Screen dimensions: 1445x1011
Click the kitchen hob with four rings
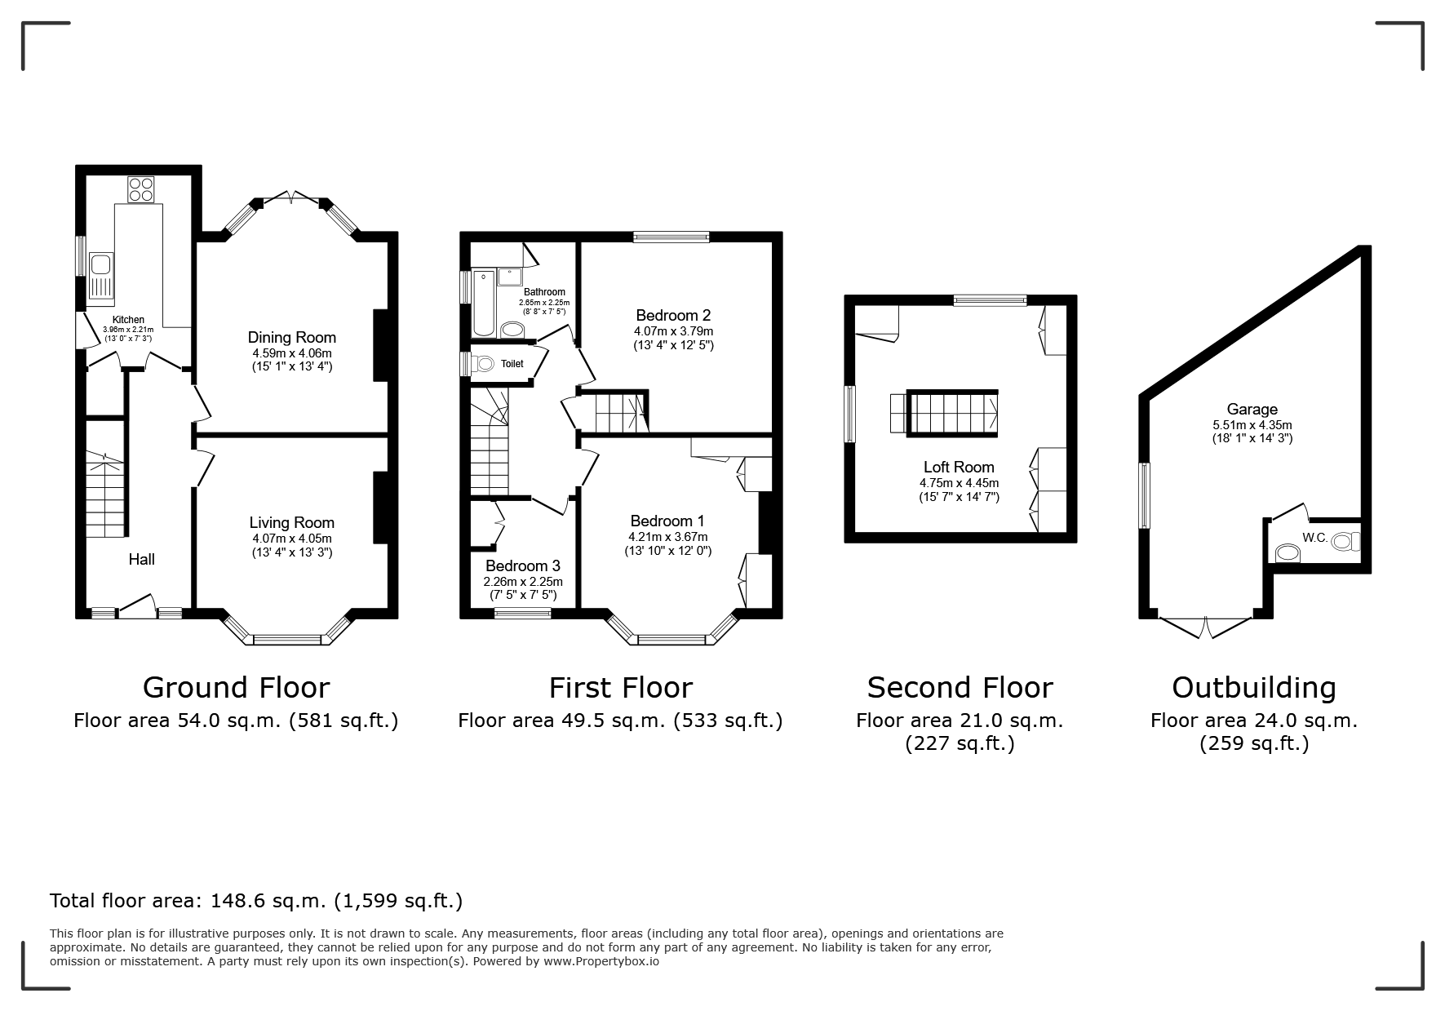140,189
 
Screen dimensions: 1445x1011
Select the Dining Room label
292,337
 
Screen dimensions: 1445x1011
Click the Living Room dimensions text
292,546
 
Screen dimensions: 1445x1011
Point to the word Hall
142,559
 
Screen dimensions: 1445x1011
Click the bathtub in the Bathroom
484,302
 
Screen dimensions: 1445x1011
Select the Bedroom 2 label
673,315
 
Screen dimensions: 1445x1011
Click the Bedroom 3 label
523,565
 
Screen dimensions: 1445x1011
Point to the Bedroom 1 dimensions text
668,543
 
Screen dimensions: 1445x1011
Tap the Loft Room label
959,467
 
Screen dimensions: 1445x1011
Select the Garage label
1252,409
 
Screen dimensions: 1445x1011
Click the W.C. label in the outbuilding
1314,538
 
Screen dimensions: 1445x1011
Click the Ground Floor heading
237,687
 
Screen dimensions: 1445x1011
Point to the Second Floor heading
960,687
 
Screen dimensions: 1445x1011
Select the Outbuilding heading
1254,688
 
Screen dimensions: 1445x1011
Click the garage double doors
1205,627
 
